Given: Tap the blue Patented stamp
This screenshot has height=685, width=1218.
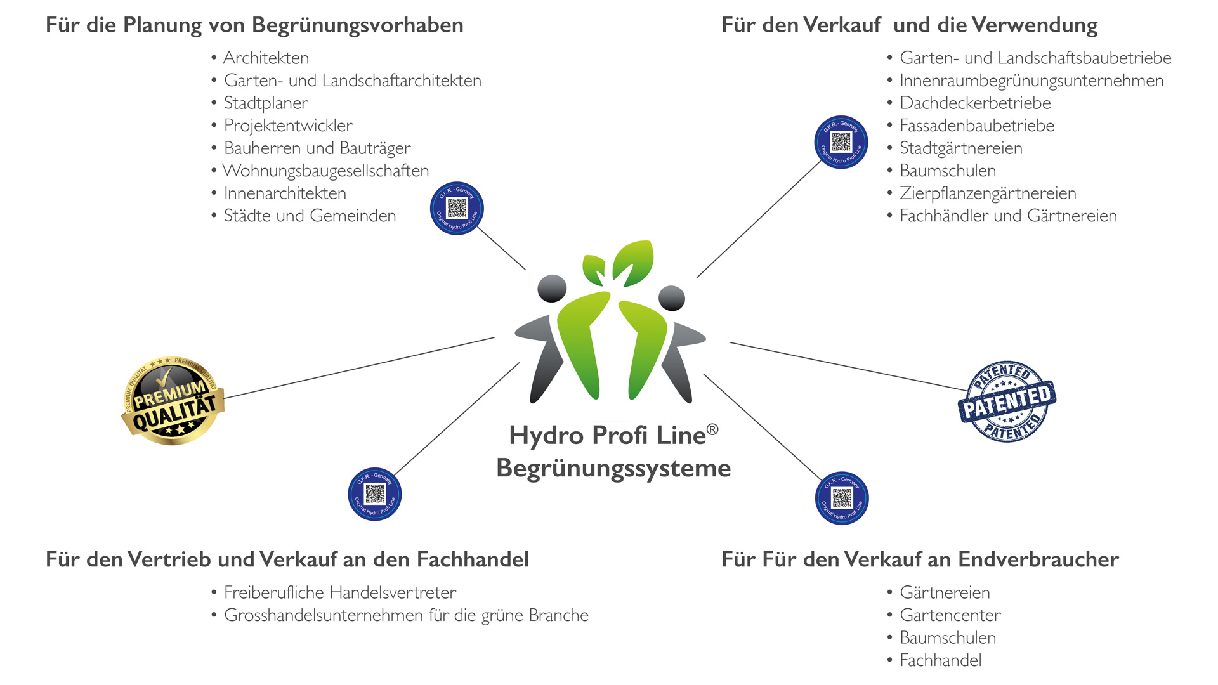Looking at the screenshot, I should click(x=1007, y=401).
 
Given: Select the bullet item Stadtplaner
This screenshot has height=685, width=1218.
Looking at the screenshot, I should click(x=266, y=103).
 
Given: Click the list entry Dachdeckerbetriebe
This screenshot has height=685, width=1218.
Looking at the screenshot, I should click(x=975, y=103).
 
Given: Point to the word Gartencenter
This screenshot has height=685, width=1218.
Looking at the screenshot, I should click(x=950, y=615).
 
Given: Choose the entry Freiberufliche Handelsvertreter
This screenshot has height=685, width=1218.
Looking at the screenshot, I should click(x=340, y=592).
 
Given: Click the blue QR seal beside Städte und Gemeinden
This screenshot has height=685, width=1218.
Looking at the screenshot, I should click(x=457, y=209).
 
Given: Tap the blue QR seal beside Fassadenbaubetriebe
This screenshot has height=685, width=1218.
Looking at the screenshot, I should click(x=841, y=142).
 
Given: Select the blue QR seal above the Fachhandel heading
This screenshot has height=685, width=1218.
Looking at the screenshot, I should click(x=374, y=494).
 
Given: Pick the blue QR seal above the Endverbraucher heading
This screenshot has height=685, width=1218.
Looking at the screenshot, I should click(x=842, y=498).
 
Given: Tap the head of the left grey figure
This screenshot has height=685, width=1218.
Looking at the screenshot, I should click(x=552, y=288).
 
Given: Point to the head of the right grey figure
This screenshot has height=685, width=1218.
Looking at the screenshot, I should click(x=672, y=298).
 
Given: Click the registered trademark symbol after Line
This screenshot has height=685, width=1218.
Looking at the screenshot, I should click(x=712, y=430).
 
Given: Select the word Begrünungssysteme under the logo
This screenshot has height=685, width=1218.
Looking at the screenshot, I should click(x=613, y=468).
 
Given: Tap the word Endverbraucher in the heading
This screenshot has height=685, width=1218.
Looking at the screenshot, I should click(x=1038, y=559).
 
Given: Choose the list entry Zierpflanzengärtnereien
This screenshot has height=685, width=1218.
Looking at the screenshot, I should click(x=988, y=193).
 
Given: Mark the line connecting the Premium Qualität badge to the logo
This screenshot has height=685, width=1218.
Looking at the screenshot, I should click(x=359, y=368).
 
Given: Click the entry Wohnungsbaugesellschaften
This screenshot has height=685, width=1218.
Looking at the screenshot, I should click(x=326, y=171).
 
